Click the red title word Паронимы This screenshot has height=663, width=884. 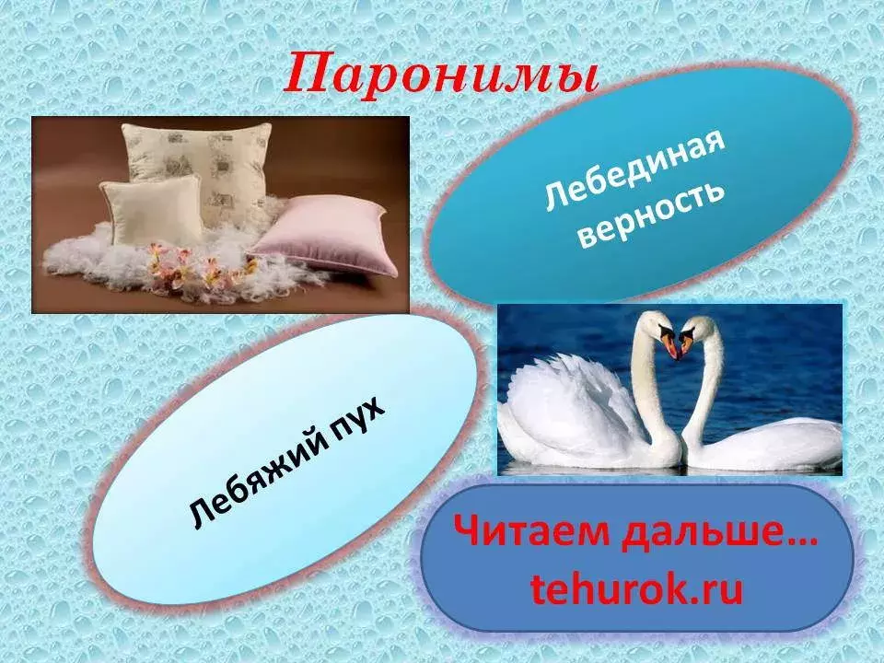coord(440,75)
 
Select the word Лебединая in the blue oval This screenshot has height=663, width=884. coord(634,171)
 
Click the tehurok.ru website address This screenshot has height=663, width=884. coord(636,588)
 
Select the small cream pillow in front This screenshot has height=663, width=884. coord(152,211)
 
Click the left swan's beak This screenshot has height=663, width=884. coord(669,345)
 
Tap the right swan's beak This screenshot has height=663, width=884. coord(685,344)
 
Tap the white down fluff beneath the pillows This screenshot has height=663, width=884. coord(169,265)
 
